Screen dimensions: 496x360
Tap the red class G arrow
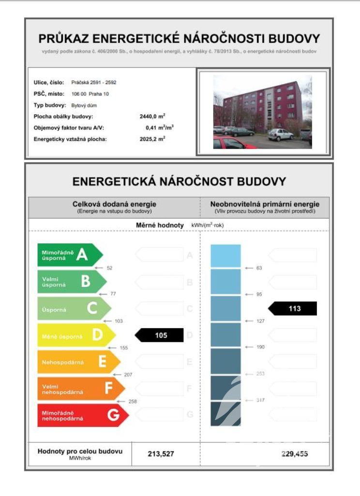(x=82, y=416)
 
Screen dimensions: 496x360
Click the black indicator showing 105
(x=160, y=336)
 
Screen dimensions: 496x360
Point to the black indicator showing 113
(x=293, y=308)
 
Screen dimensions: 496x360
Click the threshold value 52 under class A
(x=109, y=267)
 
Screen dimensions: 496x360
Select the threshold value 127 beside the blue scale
(x=260, y=321)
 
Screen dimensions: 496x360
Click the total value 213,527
(x=161, y=453)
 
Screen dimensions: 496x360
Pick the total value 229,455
(x=294, y=453)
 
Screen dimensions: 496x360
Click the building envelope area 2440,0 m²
(x=152, y=117)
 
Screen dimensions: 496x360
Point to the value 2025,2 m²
(x=152, y=139)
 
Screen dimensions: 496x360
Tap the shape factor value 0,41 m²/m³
(x=159, y=128)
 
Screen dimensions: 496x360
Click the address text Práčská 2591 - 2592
(x=94, y=82)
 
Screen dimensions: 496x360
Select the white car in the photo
(x=281, y=134)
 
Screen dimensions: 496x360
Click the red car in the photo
(x=232, y=144)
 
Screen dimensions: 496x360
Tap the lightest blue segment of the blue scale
(x=225, y=256)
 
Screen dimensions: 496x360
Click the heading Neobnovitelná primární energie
(x=265, y=204)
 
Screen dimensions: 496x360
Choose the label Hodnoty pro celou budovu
(x=80, y=452)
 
